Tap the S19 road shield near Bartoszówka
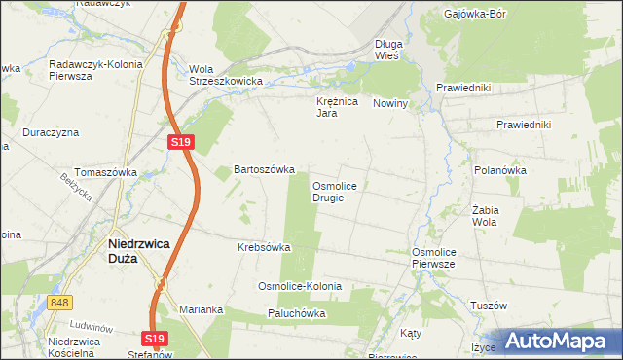click(181, 142)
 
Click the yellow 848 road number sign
click(59, 304)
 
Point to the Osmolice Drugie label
click(340, 191)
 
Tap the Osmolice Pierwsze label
click(434, 258)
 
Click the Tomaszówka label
click(106, 172)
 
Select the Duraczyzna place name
click(51, 132)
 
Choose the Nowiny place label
click(390, 103)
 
